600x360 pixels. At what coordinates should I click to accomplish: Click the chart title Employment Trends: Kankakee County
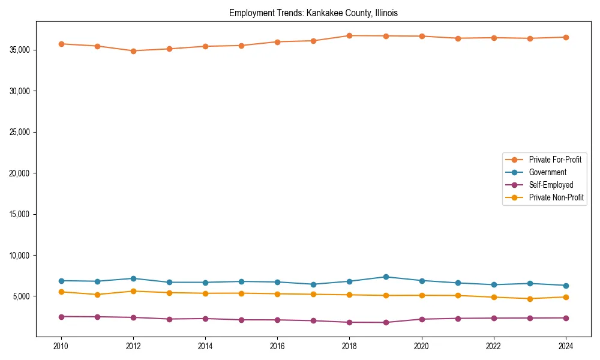click(x=313, y=13)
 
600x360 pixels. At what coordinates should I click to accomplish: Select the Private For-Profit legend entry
click(x=555, y=160)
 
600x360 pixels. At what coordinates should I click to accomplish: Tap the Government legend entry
click(x=547, y=172)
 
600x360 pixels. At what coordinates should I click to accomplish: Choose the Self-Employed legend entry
click(x=551, y=185)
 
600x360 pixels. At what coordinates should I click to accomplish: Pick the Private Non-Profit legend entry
click(x=556, y=197)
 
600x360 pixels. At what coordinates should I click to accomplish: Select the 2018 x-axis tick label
click(x=349, y=346)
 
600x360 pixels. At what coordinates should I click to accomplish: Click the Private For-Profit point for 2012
click(x=133, y=51)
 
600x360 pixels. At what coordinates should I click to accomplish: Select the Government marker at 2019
click(x=386, y=277)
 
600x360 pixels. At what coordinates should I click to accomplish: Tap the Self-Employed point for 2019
click(x=386, y=323)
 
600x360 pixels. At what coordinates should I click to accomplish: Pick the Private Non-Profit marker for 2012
click(x=133, y=291)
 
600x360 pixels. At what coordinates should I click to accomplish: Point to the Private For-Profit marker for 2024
click(x=566, y=37)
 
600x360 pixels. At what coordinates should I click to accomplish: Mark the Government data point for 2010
click(x=61, y=281)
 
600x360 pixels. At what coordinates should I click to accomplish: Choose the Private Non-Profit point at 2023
click(x=530, y=299)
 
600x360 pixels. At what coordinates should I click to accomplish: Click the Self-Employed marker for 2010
click(x=61, y=316)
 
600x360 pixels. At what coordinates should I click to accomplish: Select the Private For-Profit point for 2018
click(x=349, y=35)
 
